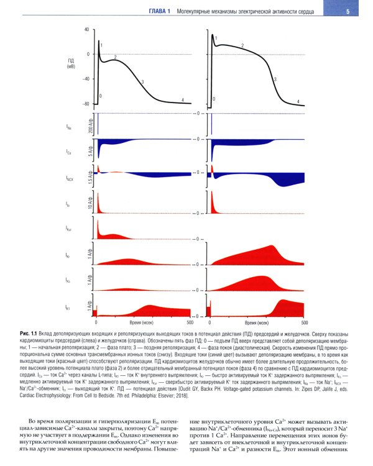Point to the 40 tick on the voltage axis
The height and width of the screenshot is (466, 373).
coord(86,29)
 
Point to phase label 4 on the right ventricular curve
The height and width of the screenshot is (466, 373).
coord(298,101)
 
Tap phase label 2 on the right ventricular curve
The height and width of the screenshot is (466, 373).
coord(242,46)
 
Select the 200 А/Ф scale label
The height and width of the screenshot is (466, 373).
coord(91,126)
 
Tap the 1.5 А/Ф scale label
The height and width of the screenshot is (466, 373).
coord(91,177)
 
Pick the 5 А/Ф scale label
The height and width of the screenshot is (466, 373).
coord(91,152)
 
